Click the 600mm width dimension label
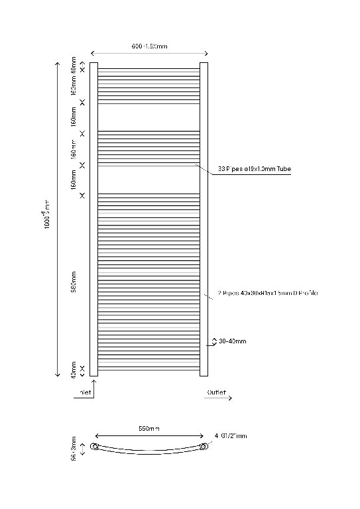[x=149, y=46]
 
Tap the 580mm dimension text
[x=74, y=281]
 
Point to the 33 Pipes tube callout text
[x=255, y=169]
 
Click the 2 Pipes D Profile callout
[x=268, y=292]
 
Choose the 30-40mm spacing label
[x=233, y=341]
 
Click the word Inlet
[x=86, y=392]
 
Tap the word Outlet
[x=217, y=392]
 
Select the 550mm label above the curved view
[x=149, y=429]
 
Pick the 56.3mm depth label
[x=74, y=447]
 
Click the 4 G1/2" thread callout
[x=230, y=436]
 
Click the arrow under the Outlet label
[x=219, y=399]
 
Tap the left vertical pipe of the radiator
[x=93, y=219]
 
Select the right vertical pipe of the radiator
[x=204, y=219]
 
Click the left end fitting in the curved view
[x=95, y=448]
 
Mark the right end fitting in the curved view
[x=204, y=447]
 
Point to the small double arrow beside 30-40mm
[x=213, y=341]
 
